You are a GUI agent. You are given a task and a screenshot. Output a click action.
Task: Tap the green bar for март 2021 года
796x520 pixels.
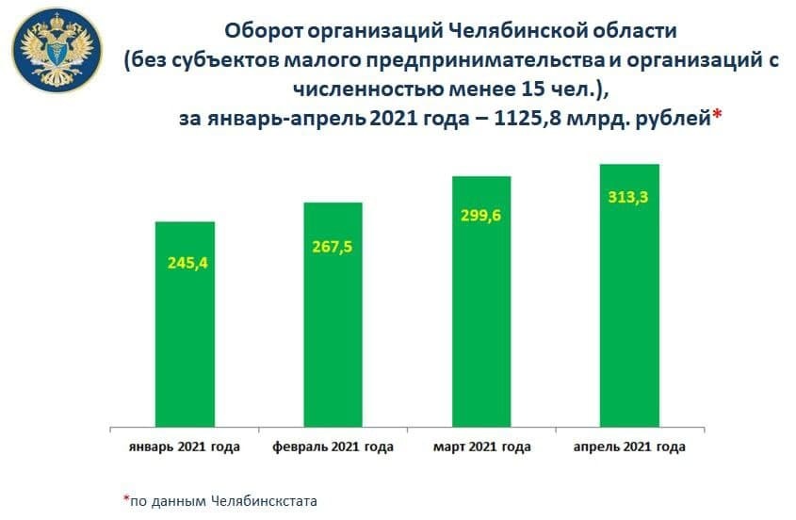[x=480, y=301]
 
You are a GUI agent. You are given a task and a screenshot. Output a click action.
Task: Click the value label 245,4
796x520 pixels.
[x=185, y=262]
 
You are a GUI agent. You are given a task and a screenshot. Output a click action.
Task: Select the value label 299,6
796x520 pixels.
[x=480, y=215]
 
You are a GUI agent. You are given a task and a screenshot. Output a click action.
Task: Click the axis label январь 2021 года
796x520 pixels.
[x=184, y=446]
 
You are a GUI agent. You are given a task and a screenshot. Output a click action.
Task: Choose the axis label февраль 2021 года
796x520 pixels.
[x=333, y=446]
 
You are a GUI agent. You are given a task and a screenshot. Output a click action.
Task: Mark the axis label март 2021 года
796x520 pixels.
[x=481, y=446]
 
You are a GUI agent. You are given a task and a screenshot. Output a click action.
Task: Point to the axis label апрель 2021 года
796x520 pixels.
[x=629, y=446]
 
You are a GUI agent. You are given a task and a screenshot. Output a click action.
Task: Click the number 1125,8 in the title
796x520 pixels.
[x=514, y=119]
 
